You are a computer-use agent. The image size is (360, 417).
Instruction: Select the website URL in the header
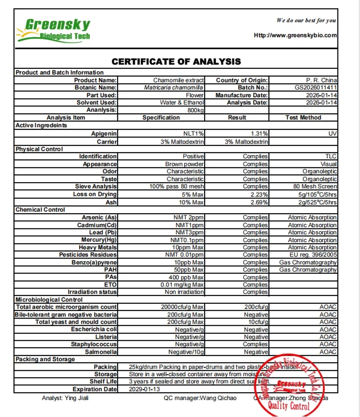(x=295, y=35)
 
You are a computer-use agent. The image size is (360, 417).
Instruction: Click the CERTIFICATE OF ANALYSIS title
(x=176, y=61)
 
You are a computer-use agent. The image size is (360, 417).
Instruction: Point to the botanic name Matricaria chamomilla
(x=174, y=87)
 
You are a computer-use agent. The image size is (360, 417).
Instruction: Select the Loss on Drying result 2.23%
(x=259, y=194)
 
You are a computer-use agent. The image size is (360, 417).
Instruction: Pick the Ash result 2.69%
(x=259, y=202)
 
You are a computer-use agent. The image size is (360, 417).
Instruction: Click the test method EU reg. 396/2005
(x=313, y=255)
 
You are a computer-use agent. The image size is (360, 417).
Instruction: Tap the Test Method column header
(x=303, y=117)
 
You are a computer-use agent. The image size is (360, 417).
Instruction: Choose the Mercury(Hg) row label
(x=99, y=240)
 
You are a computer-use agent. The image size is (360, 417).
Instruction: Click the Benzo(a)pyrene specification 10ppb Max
(x=189, y=262)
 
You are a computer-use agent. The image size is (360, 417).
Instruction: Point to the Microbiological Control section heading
(x=49, y=299)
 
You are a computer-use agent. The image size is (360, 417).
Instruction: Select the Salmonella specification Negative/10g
(x=186, y=352)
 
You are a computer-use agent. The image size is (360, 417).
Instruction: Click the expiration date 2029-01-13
(x=145, y=389)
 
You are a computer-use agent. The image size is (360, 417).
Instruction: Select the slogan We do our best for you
(x=306, y=20)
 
